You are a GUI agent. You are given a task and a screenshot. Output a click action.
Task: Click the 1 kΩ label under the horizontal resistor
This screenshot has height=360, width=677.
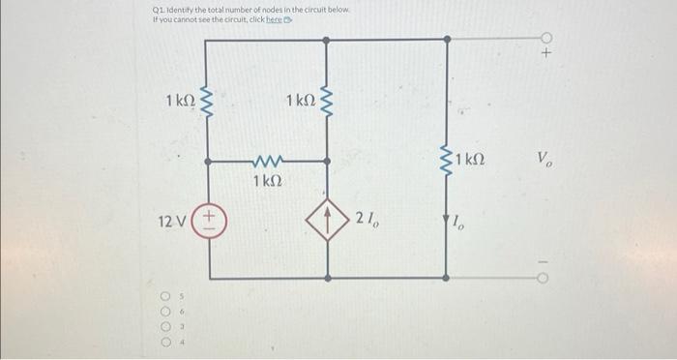pos(269,181)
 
